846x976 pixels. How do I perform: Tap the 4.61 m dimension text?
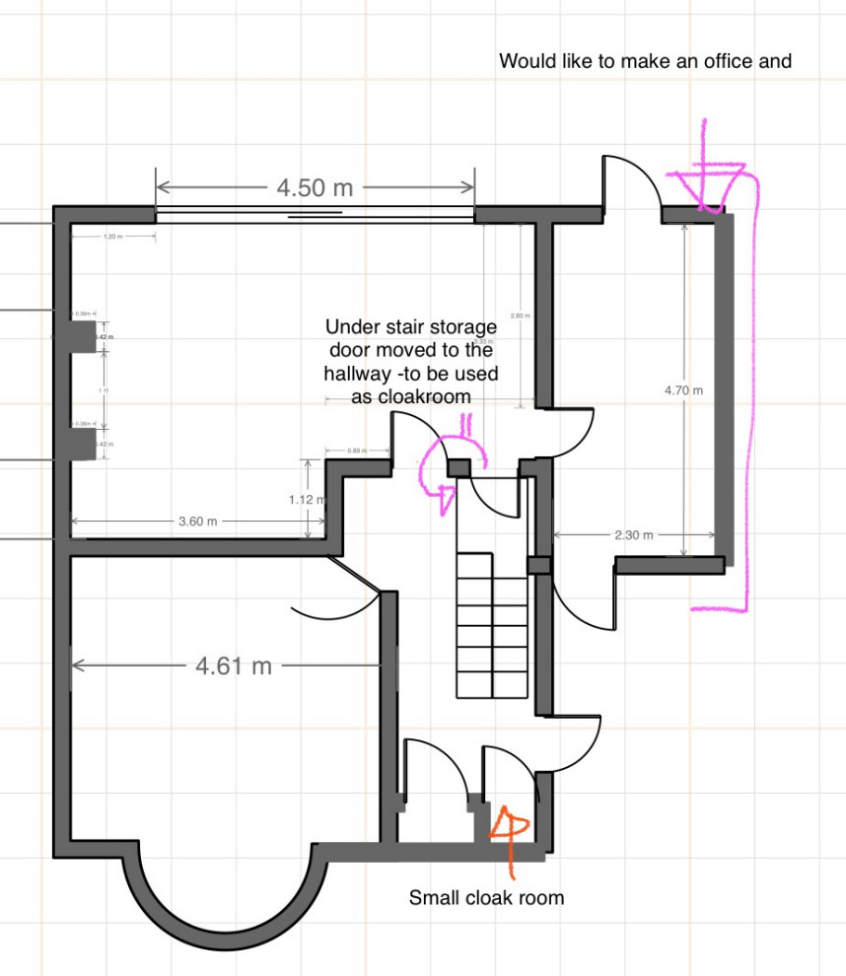(x=234, y=666)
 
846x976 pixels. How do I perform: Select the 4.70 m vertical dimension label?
(x=684, y=390)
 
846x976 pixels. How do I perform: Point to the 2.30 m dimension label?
(x=633, y=535)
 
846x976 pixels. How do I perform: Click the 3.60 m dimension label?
(x=198, y=522)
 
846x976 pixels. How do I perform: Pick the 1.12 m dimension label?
(x=307, y=500)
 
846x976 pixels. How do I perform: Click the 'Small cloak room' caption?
(x=486, y=898)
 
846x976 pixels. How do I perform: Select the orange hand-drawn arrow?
(x=511, y=833)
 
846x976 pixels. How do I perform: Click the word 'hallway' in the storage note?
(x=361, y=375)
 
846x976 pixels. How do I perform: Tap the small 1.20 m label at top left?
(x=113, y=238)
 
